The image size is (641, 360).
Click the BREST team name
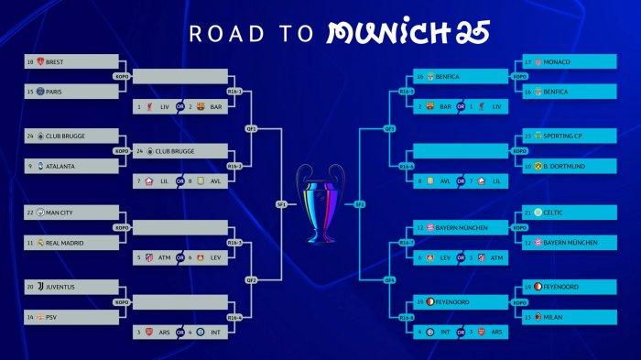click(55, 61)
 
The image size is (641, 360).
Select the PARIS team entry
click(54, 92)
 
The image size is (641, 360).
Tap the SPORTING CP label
click(564, 136)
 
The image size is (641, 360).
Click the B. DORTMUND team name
click(566, 166)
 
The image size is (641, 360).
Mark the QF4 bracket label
click(389, 279)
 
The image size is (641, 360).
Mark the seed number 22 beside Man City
click(29, 212)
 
